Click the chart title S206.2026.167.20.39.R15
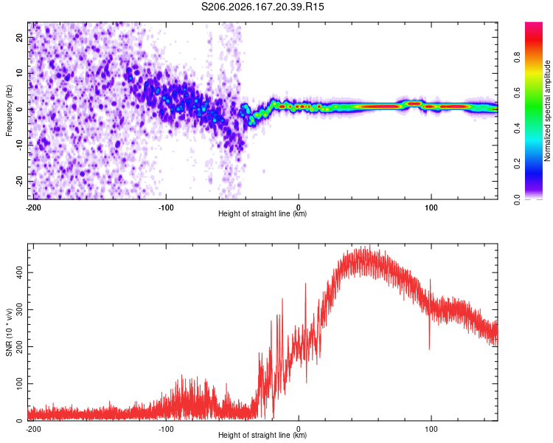coord(262,7)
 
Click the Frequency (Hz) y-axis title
coord(9,111)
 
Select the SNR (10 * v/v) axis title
coord(9,332)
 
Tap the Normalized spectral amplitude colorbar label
coord(547,111)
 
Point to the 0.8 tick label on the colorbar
coord(517,57)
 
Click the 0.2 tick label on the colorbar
coord(517,164)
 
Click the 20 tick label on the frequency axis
coord(20,37)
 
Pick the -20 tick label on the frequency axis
coord(20,181)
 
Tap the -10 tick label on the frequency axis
coord(20,145)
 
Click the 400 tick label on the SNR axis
coord(20,272)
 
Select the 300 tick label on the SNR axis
coord(20,310)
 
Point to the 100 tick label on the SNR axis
coord(20,384)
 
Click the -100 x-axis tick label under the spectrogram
coord(166,207)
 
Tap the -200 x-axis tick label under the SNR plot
coord(33,429)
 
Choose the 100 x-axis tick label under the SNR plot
coord(431,429)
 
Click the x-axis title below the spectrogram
coord(262,213)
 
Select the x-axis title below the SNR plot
coord(262,435)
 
